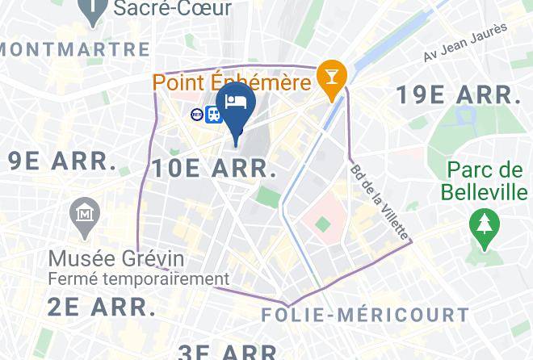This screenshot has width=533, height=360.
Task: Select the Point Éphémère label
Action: pos(233,82)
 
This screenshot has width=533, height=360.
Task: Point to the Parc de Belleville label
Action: pos(485,182)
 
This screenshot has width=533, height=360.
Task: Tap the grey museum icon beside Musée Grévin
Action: pos(85,215)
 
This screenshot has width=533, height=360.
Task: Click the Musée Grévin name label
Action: pos(116,259)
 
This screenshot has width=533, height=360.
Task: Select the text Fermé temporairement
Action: pos(139,279)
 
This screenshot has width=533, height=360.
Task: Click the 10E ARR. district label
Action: pos(214,169)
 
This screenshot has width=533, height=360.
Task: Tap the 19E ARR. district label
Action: pos(458,94)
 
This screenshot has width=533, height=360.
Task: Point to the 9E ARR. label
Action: pos(62,161)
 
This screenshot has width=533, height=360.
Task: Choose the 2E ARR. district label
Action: pos(101,307)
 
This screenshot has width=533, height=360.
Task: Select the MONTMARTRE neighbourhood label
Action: pos(75,49)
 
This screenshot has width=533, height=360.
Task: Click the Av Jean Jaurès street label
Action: pos(466,42)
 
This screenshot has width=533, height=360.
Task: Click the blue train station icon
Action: pos(214,115)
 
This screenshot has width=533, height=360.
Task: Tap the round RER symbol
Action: pos(197,115)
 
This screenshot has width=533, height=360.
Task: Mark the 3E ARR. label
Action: pos(229,352)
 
